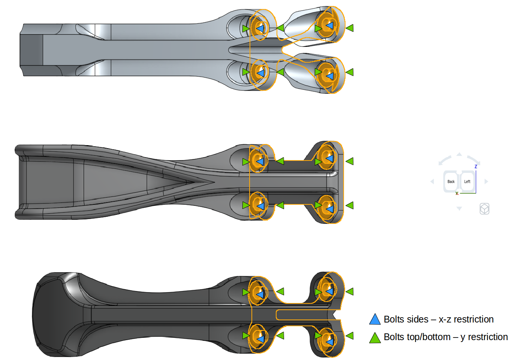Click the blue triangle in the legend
375,319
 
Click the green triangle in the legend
375,338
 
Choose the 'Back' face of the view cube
451,181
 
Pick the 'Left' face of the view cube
467,181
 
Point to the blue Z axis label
476,166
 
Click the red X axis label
457,193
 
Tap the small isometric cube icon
485,208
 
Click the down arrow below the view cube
459,208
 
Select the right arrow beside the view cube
486,181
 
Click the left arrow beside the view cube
432,181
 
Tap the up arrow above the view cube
459,154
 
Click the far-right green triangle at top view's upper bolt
350,28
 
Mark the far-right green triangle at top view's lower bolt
350,72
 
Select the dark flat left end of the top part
31,50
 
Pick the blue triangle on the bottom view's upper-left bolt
260,293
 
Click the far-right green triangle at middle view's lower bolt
350,205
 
